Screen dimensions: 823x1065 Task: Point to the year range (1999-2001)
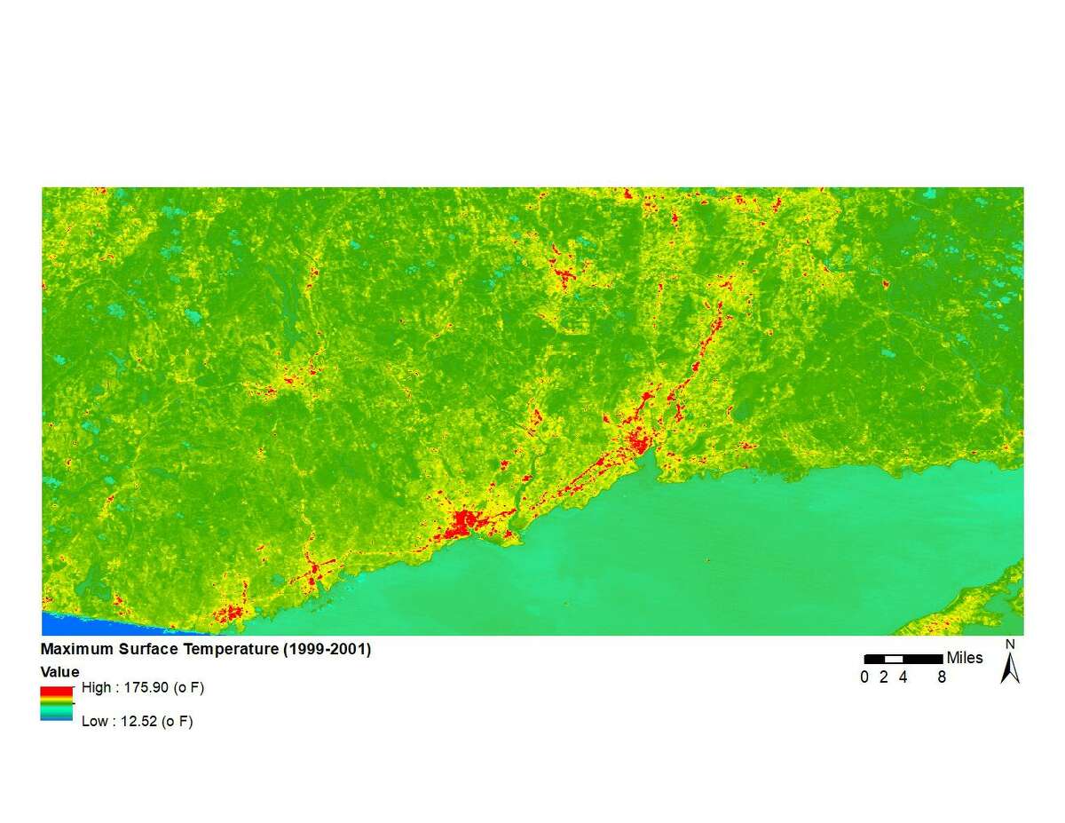point(326,650)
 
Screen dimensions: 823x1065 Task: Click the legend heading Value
point(59,672)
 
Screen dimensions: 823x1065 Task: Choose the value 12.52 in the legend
point(138,721)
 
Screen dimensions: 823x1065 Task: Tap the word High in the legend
point(96,688)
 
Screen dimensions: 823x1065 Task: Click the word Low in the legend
point(94,721)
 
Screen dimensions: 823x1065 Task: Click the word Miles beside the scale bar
point(965,658)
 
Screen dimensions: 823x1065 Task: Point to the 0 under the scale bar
point(864,677)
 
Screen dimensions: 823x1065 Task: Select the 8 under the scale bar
point(942,677)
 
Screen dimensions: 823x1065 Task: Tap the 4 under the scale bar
point(903,677)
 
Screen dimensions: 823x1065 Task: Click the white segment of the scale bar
point(894,659)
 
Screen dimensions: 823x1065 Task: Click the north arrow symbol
point(1010,669)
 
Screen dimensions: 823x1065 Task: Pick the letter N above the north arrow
point(1010,645)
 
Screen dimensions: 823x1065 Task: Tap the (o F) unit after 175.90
point(188,688)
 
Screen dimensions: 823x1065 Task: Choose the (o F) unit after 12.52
point(177,721)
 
